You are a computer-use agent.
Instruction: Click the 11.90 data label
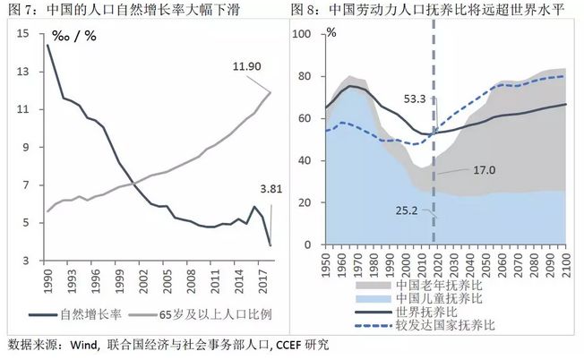[x=247, y=66]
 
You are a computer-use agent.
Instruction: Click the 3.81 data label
[x=271, y=189]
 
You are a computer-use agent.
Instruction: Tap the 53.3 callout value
[x=415, y=99]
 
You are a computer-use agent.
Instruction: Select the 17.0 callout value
[x=485, y=170]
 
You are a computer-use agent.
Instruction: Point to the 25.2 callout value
[x=407, y=210]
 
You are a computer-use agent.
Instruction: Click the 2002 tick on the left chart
[x=143, y=282]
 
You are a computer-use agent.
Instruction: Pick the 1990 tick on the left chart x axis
[x=48, y=282]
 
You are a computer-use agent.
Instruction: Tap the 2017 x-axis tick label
[x=263, y=282]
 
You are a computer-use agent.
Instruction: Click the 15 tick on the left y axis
[x=22, y=34]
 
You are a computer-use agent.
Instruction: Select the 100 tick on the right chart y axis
[x=301, y=34]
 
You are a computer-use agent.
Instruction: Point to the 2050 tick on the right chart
[x=485, y=265]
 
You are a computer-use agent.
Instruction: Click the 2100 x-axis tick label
[x=566, y=265]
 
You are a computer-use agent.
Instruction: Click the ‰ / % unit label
[x=74, y=36]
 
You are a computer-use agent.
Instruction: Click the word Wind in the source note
[x=84, y=345]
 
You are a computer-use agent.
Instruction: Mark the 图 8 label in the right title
[x=302, y=9]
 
